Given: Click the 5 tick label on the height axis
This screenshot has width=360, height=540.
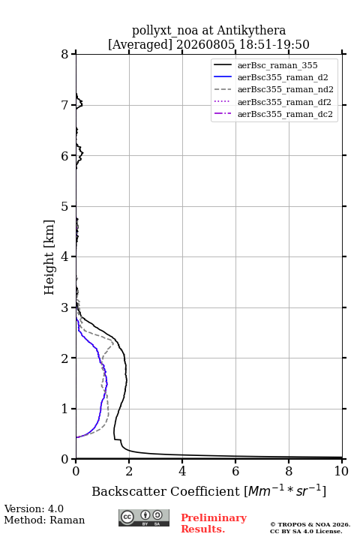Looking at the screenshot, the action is [65, 206].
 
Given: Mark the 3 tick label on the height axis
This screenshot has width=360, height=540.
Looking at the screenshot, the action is [65, 307].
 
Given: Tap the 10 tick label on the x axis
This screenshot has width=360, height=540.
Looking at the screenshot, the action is [341, 471].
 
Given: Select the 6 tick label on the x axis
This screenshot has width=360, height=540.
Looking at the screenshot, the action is [235, 471].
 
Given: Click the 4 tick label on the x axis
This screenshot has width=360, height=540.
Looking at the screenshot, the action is [182, 471].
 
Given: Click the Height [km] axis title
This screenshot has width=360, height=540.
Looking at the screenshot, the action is [49, 257].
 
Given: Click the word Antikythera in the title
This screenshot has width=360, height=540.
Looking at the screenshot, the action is [251, 30].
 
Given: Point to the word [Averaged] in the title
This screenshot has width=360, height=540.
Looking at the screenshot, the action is [140, 44].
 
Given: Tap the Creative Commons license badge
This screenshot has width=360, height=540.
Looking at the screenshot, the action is [144, 517].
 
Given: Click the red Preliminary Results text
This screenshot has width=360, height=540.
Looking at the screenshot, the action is [214, 523].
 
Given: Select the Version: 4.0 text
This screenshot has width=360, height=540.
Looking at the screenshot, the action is [34, 508].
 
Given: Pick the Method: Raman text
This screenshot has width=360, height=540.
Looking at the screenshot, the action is [44, 520].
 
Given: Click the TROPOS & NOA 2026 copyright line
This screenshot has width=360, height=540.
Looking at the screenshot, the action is [310, 524].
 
